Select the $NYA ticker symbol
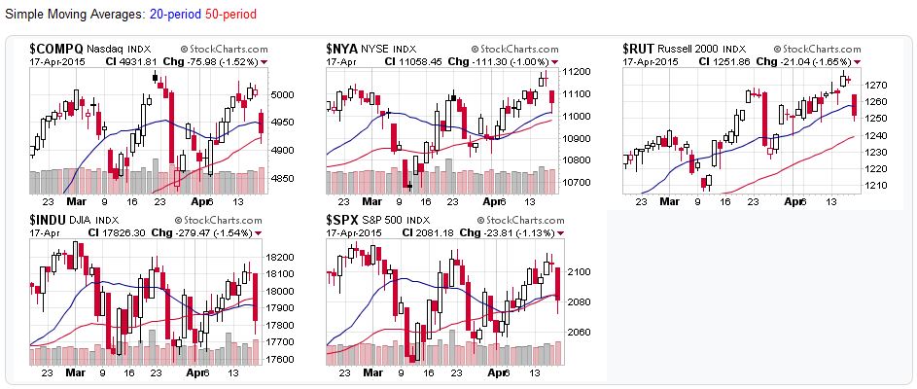[343, 47]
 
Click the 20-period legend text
[176, 16]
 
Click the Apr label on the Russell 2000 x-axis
[794, 201]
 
